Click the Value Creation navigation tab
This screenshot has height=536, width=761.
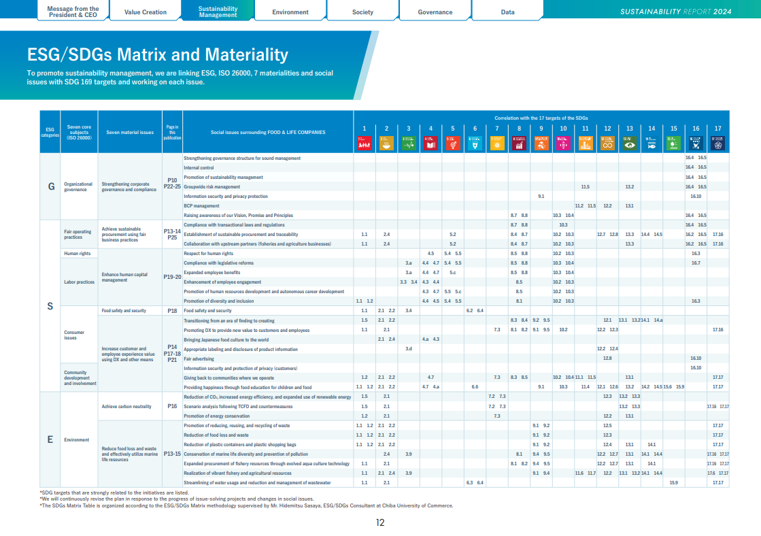pos(146,12)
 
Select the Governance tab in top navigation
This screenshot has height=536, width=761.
pos(435,12)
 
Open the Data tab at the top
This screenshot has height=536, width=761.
pos(507,12)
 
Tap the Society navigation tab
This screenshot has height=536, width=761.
pos(362,12)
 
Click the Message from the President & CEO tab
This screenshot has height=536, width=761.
pos(73,12)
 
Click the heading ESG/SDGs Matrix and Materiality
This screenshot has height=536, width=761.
pos(157,54)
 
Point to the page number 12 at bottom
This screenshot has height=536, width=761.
pos(380,522)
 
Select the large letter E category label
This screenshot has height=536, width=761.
pos(50,439)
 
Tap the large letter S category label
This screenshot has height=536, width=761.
pos(50,306)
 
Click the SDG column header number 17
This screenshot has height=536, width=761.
pos(718,128)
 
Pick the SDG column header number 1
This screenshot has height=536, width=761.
pos(365,128)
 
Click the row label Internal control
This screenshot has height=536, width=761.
pos(199,167)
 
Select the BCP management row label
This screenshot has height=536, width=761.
pos(201,205)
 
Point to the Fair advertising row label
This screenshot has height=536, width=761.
pos(199,358)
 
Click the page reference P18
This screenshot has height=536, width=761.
pos(172,310)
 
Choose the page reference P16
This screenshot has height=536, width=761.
pos(172,406)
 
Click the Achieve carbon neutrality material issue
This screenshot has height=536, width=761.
pos(126,406)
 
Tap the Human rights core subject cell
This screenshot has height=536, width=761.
pos(77,253)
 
